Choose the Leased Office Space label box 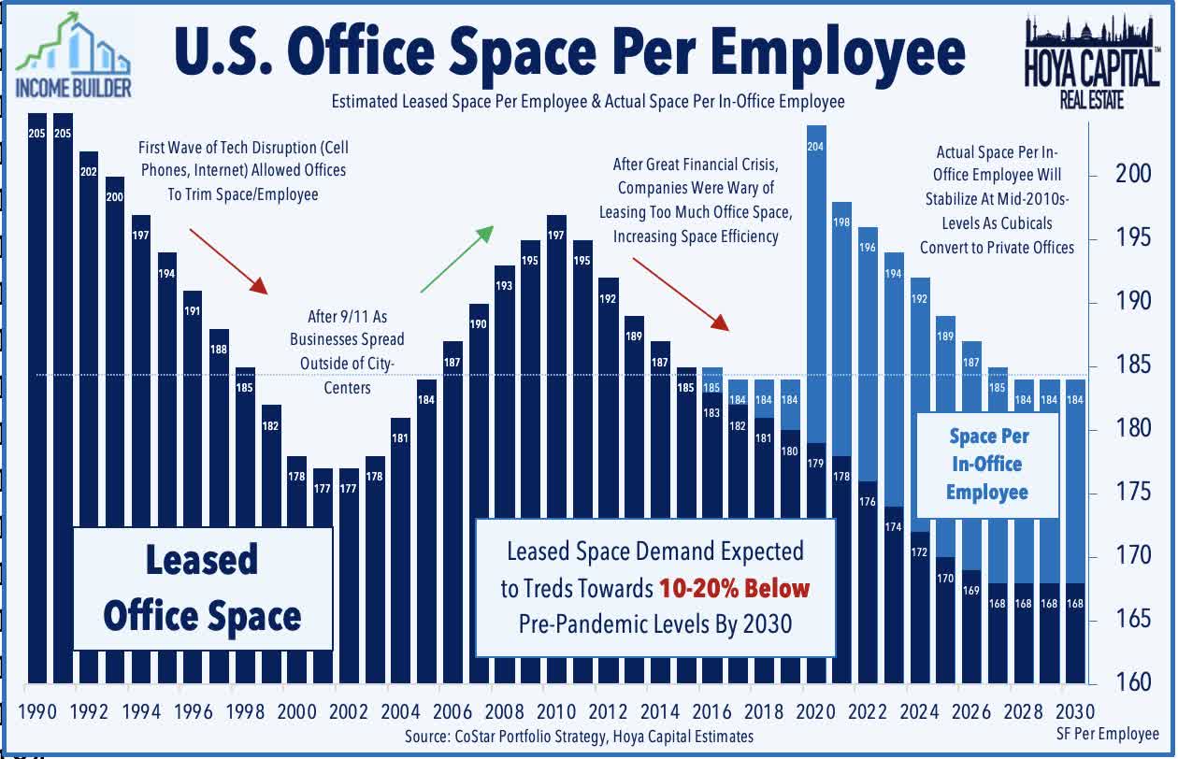pos(203,588)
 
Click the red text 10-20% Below pos(733,588)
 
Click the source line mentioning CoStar pos(579,737)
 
